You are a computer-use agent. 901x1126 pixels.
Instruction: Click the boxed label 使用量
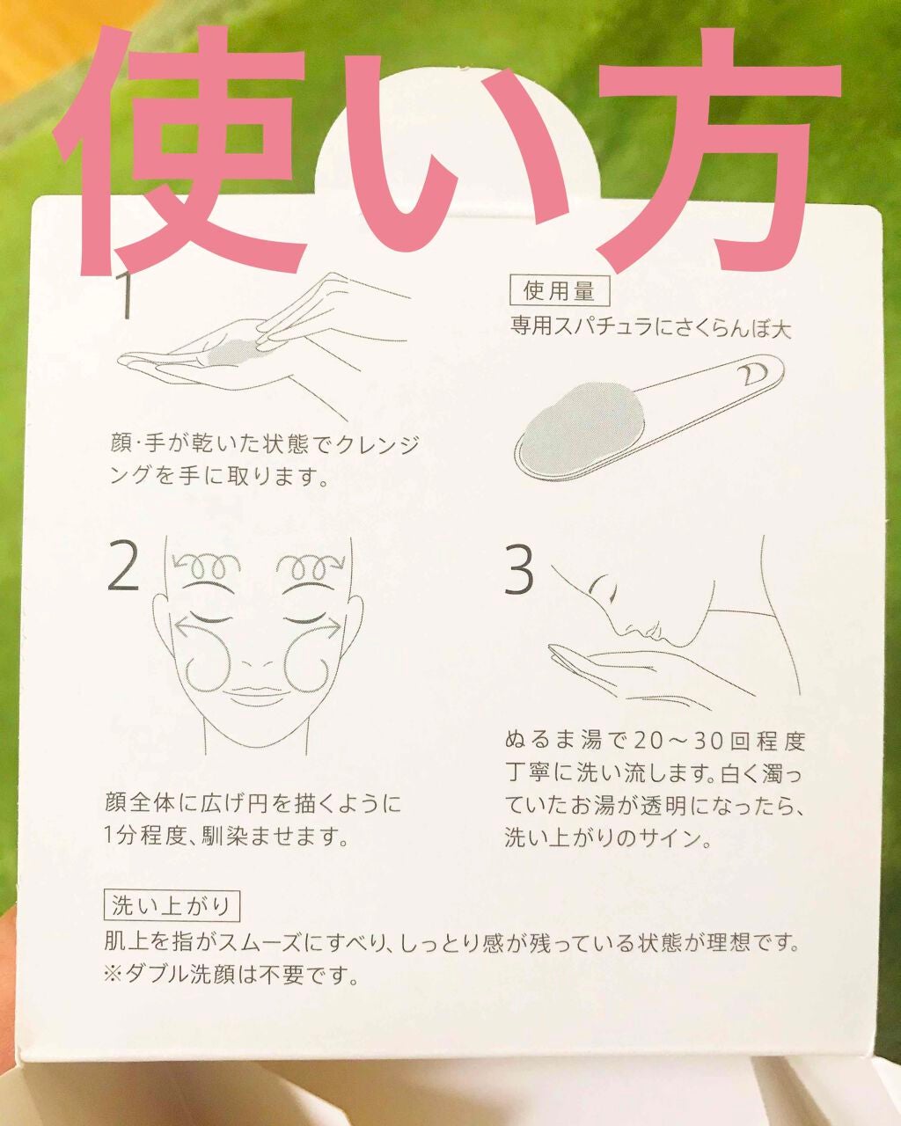(x=560, y=290)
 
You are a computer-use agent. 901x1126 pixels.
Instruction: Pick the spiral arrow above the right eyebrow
(x=308, y=564)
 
